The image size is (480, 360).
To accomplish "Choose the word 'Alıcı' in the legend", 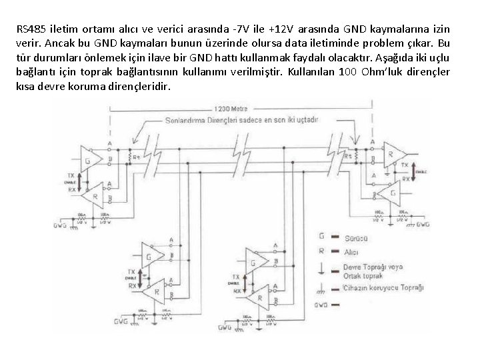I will pos(351,253).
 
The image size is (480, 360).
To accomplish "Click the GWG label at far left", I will pos(61,225).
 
